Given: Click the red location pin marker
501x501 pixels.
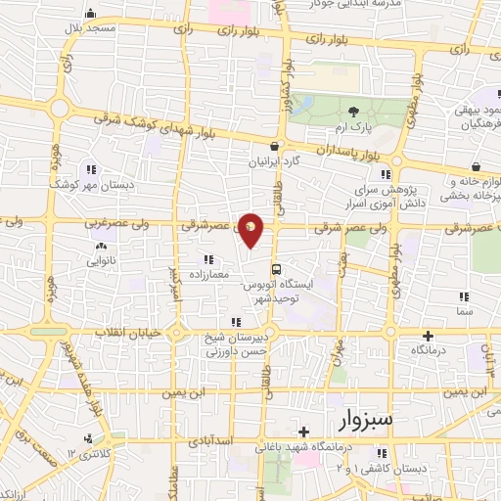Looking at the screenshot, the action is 251,228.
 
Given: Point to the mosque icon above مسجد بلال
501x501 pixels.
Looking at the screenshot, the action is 91,14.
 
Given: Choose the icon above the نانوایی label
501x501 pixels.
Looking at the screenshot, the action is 93,247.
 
